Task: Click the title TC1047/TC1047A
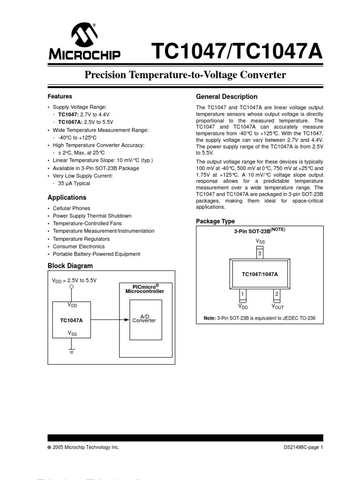coord(236,51)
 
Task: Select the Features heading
coord(60,97)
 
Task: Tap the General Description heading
coord(226,97)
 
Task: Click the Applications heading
coord(67,198)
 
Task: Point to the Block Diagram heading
coord(70,266)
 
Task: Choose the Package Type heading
coord(215,221)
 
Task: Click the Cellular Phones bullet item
coord(71,208)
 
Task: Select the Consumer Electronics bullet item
coord(79,246)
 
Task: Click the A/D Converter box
coord(146,320)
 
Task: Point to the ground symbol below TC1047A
coord(71,351)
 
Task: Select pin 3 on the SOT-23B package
coord(259,254)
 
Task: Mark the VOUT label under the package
coord(277,307)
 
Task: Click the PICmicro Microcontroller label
coord(145,288)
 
